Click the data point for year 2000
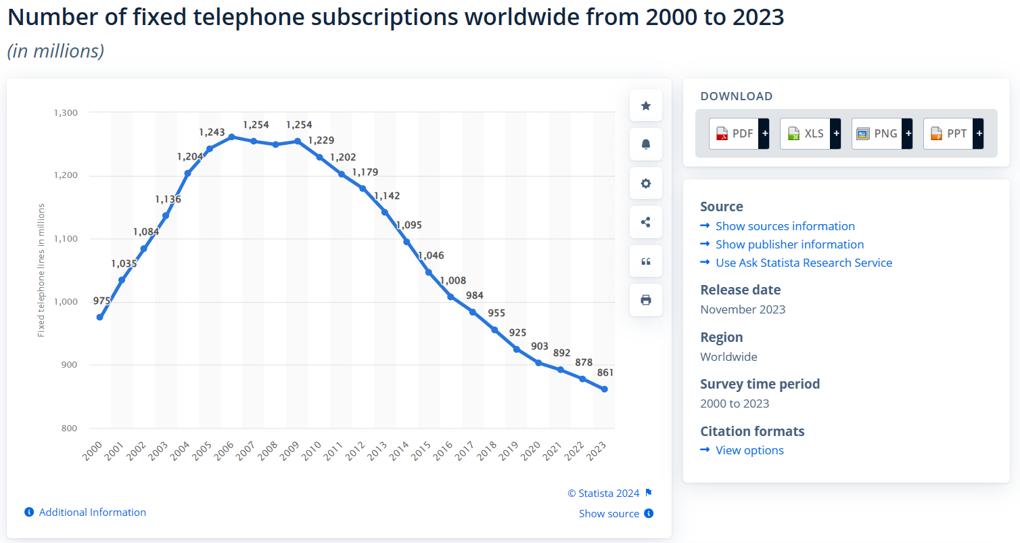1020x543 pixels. [x=100, y=317]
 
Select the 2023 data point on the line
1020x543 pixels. [x=604, y=389]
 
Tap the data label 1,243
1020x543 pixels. [x=212, y=132]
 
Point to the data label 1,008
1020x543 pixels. [x=453, y=280]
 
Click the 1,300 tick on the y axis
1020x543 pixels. [x=66, y=112]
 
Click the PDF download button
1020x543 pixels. [x=739, y=133]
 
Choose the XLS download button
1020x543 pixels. [x=810, y=133]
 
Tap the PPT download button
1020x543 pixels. [x=952, y=133]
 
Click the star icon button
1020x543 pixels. [x=646, y=106]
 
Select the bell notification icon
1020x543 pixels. [x=646, y=144]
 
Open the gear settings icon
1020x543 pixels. [x=646, y=183]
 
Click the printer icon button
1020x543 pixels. [x=646, y=300]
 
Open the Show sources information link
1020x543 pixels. [x=785, y=226]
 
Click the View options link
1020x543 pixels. [x=749, y=450]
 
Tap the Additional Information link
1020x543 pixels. [x=92, y=513]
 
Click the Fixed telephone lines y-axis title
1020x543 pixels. [x=41, y=270]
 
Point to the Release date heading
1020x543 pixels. [x=740, y=290]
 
